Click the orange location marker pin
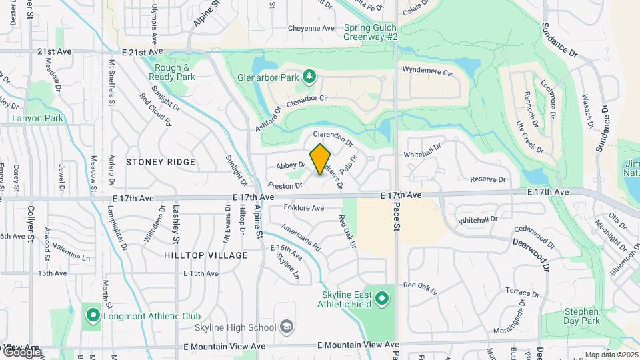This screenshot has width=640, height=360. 321,159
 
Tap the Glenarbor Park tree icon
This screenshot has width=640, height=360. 309,77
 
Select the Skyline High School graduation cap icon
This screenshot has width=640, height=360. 286,327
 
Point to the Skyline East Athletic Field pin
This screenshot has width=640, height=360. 382,299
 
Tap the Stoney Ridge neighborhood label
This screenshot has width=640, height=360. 161,162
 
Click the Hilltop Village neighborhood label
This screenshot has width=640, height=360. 205,255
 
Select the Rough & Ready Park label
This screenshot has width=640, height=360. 174,72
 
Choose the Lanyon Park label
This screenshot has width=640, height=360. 37,119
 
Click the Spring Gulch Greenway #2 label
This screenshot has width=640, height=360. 370,33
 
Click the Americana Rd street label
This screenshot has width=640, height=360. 301,237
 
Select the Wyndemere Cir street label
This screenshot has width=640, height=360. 427,69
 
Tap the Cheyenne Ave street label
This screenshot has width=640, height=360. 311,29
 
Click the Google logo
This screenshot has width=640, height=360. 21,351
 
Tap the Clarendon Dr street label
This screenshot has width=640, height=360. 332,138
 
